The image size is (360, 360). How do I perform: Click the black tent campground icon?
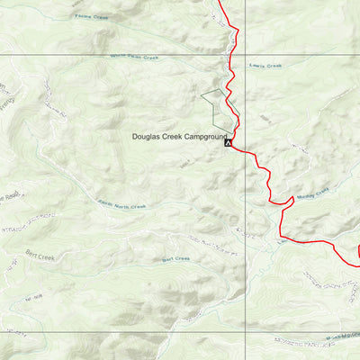(229, 141)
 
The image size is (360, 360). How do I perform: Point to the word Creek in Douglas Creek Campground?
(172, 137)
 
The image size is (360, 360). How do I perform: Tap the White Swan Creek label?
(134, 57)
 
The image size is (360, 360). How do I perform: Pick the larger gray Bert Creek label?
(40, 256)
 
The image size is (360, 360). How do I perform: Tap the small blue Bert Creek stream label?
(175, 258)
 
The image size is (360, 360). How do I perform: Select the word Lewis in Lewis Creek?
(258, 66)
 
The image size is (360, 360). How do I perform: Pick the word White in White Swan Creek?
(118, 57)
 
